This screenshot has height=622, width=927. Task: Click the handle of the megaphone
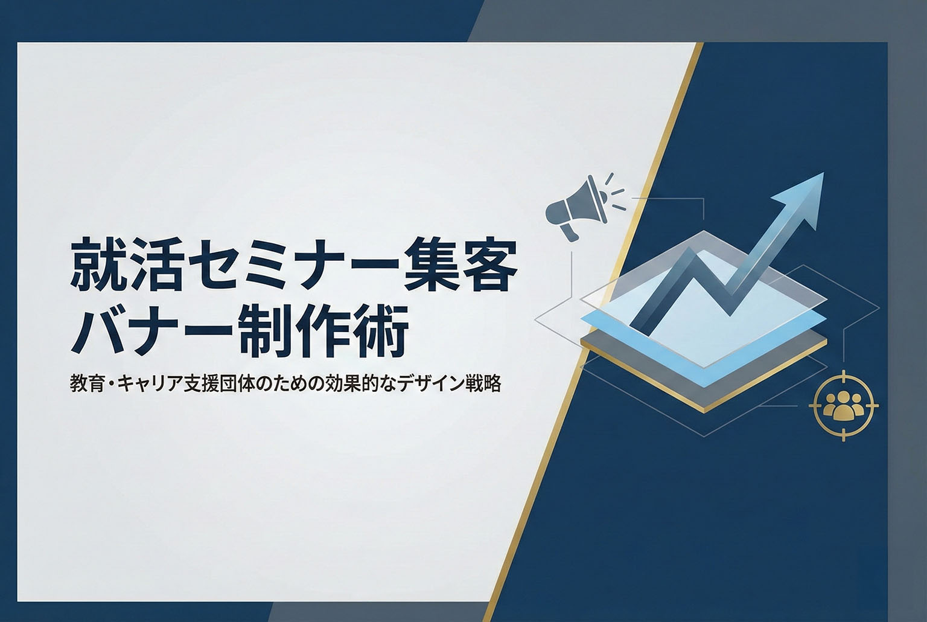click(569, 230)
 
